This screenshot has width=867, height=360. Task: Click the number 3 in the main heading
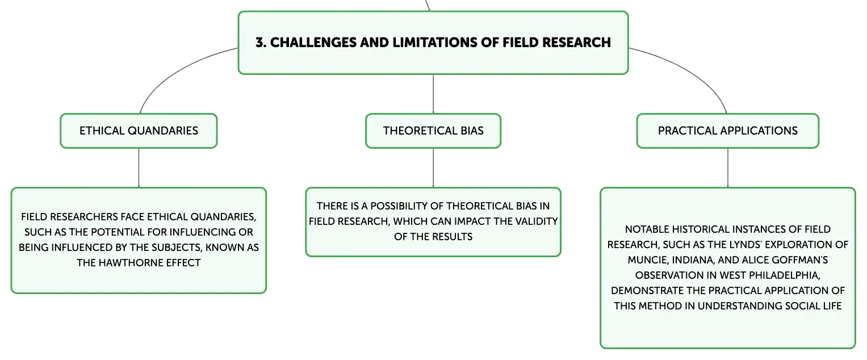click(260, 43)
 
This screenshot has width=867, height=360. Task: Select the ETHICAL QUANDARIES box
click(139, 131)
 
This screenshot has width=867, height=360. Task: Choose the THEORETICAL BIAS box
click(433, 131)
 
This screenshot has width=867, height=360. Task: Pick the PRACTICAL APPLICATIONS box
click(728, 131)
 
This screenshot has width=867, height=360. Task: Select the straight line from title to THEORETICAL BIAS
click(433, 94)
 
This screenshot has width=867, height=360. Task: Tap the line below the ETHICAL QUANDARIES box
click(139, 168)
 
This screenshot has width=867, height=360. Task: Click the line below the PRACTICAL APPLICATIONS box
click(728, 168)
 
